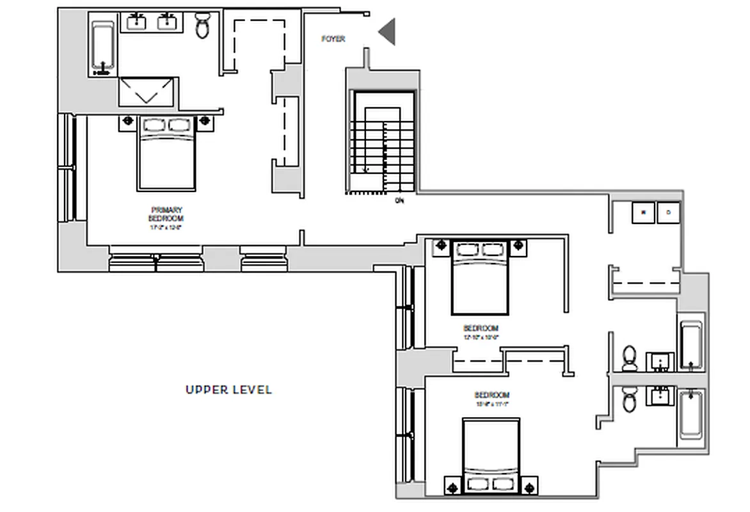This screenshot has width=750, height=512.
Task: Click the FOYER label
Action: tap(333, 39)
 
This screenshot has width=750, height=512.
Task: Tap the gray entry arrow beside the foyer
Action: tap(387, 32)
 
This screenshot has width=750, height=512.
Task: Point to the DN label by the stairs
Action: tap(400, 200)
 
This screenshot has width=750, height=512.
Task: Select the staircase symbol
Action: tap(382, 142)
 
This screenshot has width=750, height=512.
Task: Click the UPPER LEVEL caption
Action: tap(228, 390)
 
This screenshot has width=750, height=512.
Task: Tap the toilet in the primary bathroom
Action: tap(203, 26)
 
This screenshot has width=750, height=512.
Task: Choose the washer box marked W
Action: tap(643, 212)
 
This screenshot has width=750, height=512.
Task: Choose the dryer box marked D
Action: tap(668, 212)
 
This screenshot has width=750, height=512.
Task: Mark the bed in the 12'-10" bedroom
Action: tap(481, 277)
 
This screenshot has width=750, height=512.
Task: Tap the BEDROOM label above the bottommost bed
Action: tap(491, 396)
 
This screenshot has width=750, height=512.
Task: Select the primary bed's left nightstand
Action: tap(127, 120)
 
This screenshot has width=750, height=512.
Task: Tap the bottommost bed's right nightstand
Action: tap(530, 488)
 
